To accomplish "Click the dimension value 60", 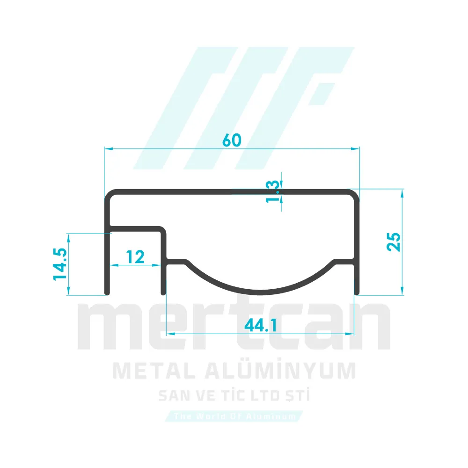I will (x=232, y=140).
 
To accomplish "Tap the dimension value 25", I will (x=394, y=241).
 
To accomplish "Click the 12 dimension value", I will (x=136, y=256).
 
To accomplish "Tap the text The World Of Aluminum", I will (x=234, y=416).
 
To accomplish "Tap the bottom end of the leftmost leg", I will (x=107, y=293).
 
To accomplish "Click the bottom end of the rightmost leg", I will (x=356, y=293).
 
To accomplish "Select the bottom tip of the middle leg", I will (x=163, y=293).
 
